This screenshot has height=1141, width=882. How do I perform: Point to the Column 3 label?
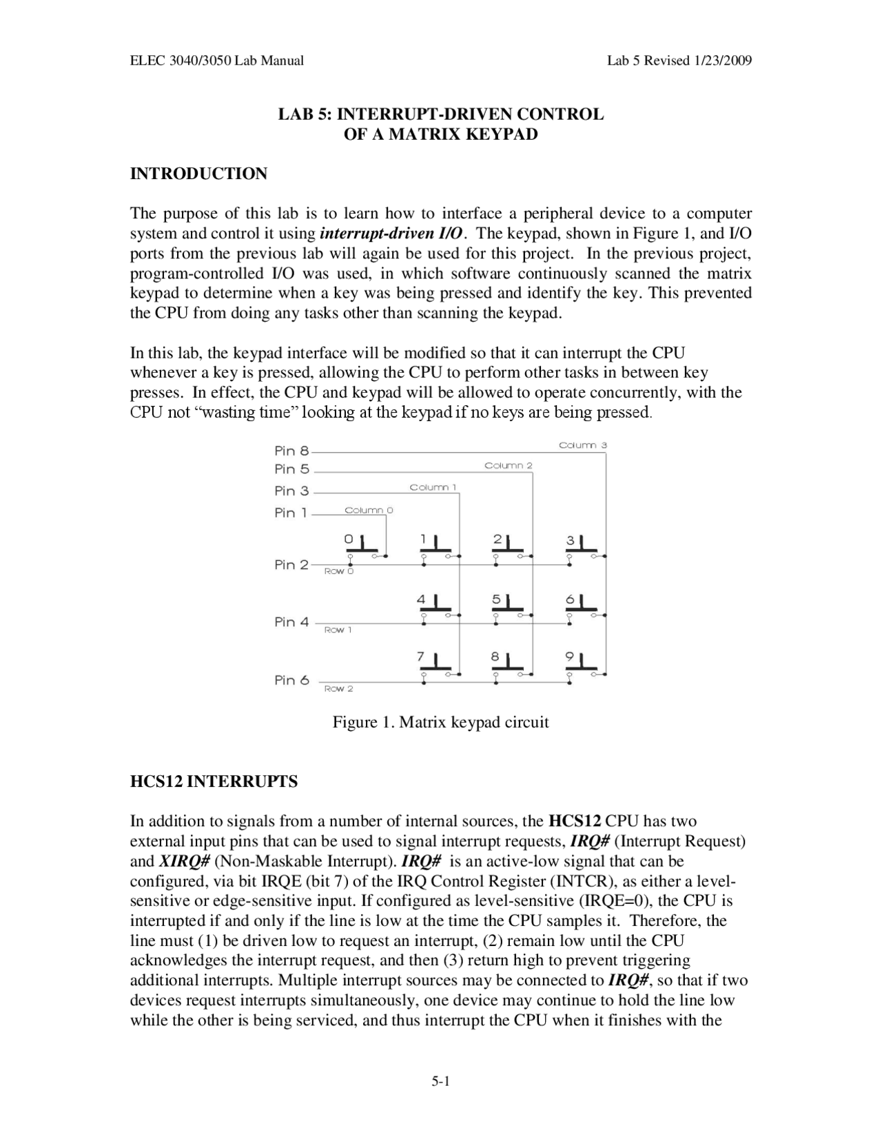[x=582, y=445]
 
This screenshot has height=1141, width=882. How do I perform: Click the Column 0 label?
[x=369, y=511]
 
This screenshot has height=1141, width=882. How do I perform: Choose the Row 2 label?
[x=338, y=689]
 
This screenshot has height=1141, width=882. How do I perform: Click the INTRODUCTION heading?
[x=198, y=174]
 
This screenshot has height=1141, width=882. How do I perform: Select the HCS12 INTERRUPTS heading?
[x=214, y=781]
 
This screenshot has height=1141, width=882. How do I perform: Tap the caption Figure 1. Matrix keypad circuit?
[x=440, y=723]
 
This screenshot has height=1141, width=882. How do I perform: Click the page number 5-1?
[x=440, y=1081]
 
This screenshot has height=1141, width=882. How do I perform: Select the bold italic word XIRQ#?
[x=184, y=861]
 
